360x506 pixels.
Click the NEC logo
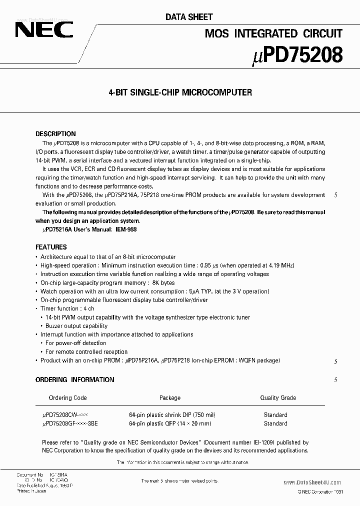point(44,30)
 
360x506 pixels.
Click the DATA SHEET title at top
point(189,17)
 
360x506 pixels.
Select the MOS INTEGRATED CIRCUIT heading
point(273,33)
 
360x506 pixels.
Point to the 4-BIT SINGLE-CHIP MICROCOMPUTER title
point(180,92)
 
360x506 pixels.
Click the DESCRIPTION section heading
point(55,134)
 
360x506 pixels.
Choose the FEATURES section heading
point(51,247)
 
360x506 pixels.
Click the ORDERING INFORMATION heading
point(74,379)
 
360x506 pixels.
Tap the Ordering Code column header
point(67,398)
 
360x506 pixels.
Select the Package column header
point(170,398)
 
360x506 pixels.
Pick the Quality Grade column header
point(278,398)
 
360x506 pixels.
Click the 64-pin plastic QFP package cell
point(170,423)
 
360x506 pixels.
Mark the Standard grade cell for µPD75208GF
point(275,423)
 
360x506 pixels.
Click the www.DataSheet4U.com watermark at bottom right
point(311,482)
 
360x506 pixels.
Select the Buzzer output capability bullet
point(76,325)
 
